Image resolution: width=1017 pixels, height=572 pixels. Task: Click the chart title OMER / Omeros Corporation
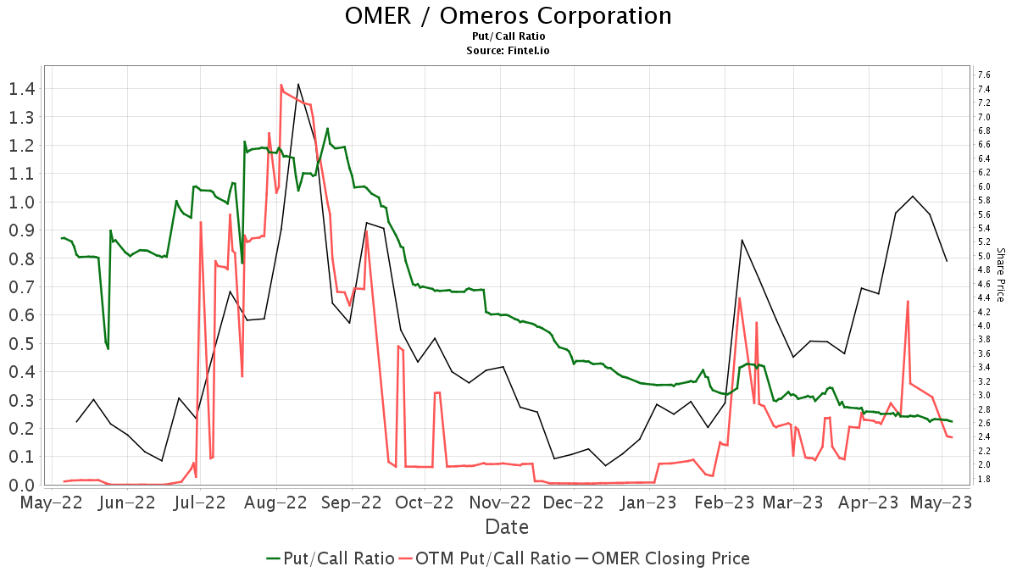pos(508,16)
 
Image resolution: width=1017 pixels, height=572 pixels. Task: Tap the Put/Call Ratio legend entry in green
pos(331,558)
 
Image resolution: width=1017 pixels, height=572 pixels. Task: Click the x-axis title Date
pos(507,527)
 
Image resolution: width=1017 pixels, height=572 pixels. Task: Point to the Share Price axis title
pos(1001,275)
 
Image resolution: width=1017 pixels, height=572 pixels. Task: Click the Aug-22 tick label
pos(276,502)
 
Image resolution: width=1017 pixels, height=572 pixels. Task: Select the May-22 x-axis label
pos(52,502)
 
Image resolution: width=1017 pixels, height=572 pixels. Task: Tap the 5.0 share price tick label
pos(984,256)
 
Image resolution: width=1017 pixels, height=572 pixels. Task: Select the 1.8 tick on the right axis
pos(984,479)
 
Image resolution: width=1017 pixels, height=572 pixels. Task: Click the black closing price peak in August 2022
pos(298,84)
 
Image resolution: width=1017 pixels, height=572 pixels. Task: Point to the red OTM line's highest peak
pos(281,85)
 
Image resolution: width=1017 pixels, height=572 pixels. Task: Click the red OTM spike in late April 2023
pos(908,301)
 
